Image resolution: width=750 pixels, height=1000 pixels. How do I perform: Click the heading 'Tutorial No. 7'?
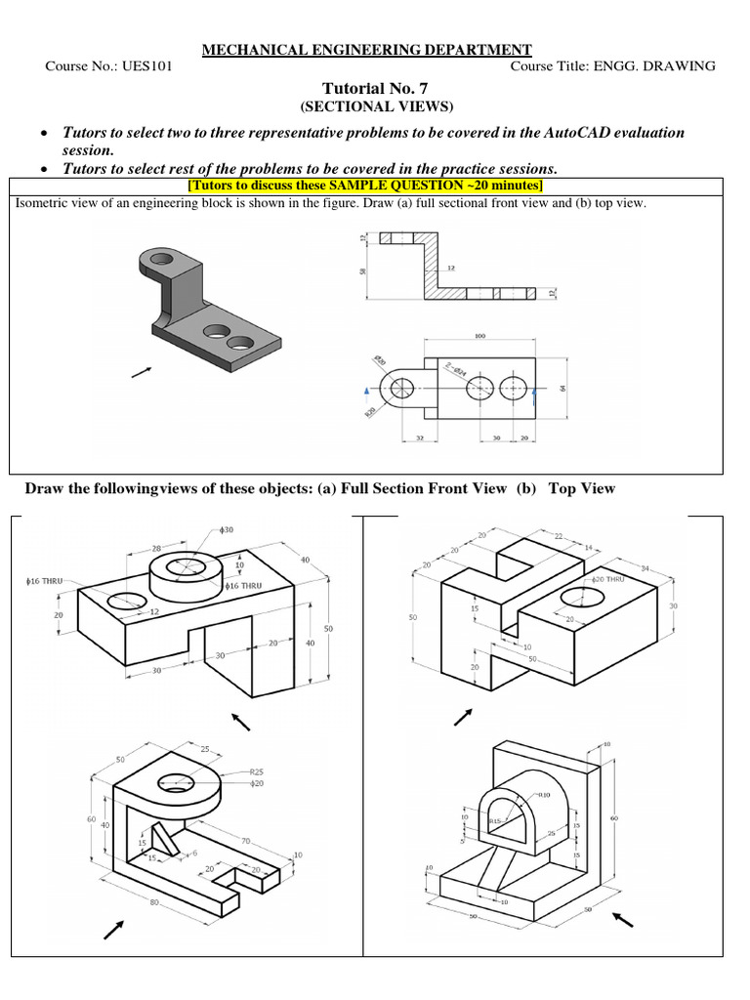pyautogui.click(x=375, y=87)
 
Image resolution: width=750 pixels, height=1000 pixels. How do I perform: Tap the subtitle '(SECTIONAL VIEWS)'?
pyautogui.click(x=375, y=105)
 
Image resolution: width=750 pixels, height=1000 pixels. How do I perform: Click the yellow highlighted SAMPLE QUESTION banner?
pyautogui.click(x=375, y=186)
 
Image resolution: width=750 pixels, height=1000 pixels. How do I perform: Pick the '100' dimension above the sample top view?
pyautogui.click(x=479, y=336)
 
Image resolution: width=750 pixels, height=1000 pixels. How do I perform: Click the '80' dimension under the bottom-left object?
pyautogui.click(x=153, y=903)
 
